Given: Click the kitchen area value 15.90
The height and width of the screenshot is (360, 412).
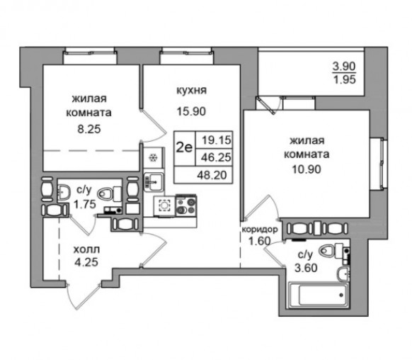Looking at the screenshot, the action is point(191,111).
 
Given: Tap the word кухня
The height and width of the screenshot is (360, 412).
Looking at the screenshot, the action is point(191,90).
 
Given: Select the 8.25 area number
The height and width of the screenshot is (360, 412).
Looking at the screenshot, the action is point(89,129).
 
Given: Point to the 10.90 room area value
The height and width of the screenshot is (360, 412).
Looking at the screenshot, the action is point(307,169).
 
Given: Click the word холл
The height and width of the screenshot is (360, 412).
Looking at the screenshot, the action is point(86,249).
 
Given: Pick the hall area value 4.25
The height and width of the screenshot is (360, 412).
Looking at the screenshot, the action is point(86,262).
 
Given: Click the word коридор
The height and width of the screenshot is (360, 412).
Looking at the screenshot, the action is point(260,230).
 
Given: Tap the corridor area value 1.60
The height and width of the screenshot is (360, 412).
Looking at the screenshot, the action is point(260,241).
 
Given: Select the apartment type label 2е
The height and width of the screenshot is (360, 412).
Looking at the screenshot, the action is point(184,148).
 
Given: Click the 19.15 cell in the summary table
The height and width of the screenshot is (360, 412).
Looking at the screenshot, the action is point(216,140).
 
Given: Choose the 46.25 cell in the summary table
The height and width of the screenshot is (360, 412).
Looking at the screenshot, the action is point(216,157).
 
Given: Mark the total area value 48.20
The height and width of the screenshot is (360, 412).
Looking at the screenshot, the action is point(212,174).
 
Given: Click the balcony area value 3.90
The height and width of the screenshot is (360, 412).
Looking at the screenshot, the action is point(344,67).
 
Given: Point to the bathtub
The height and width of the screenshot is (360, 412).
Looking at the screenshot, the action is point(319,295).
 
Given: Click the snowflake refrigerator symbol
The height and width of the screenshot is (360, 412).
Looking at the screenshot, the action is point(153,158).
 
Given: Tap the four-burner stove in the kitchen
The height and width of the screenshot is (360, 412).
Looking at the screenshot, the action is point(186,206).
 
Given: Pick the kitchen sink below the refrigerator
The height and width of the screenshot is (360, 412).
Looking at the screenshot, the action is point(154,181).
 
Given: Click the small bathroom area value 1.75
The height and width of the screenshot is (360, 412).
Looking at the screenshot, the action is point(85,204).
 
